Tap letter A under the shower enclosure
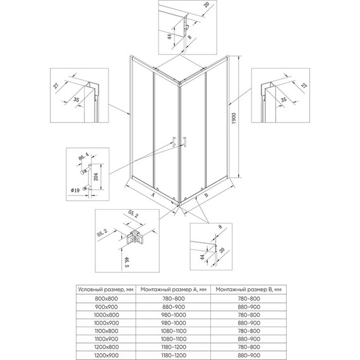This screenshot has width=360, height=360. click(153, 196)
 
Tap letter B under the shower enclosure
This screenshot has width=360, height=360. click(206, 196)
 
